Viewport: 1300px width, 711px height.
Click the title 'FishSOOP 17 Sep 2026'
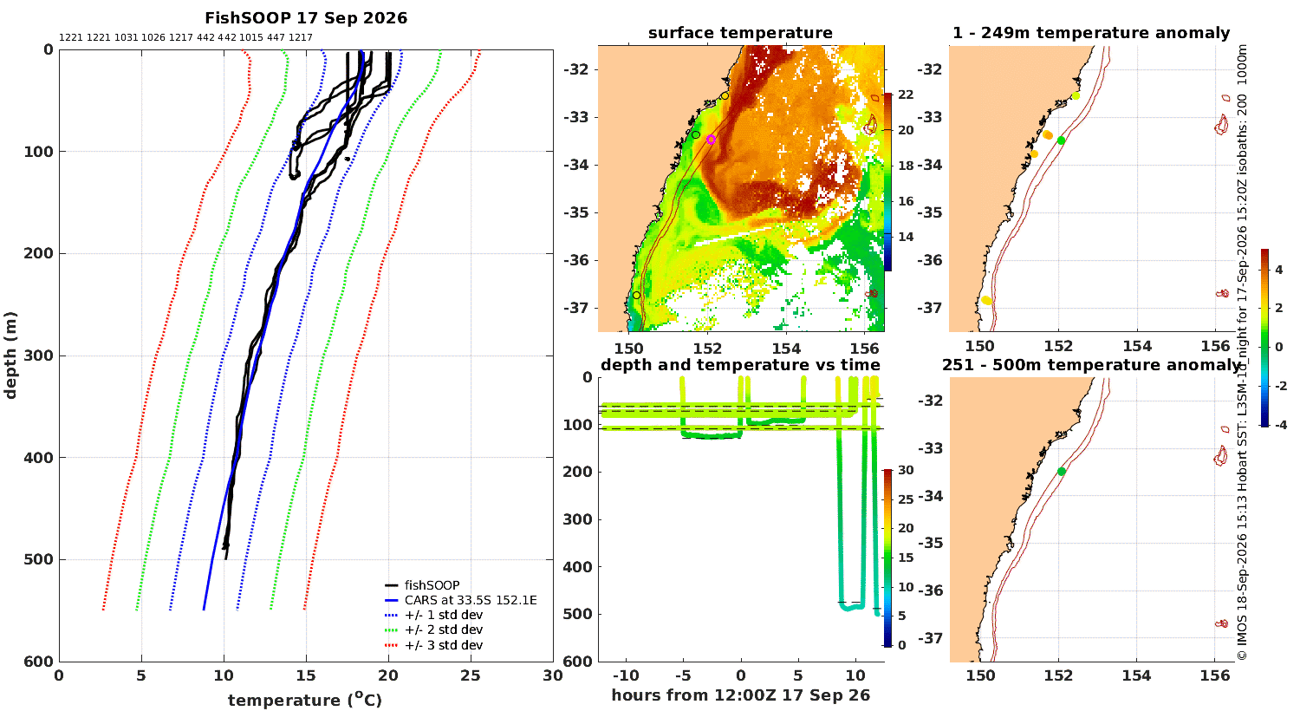click(x=306, y=18)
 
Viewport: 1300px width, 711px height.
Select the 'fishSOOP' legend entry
click(x=422, y=585)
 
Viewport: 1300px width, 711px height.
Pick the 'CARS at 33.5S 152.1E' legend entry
click(x=461, y=600)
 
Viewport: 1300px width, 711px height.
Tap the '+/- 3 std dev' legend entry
click(x=433, y=645)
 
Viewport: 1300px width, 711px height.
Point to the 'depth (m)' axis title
click(x=10, y=355)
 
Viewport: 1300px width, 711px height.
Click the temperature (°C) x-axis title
click(x=305, y=700)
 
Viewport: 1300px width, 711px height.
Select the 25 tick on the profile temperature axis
click(x=471, y=675)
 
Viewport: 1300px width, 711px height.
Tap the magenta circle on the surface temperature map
click(x=711, y=140)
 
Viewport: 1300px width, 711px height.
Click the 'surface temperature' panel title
click(x=740, y=33)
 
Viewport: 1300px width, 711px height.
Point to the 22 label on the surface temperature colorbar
click(x=906, y=95)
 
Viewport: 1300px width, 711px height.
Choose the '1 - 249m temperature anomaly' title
click(x=1091, y=33)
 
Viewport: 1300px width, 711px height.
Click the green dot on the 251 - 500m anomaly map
click(x=1062, y=472)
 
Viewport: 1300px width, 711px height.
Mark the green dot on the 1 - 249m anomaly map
click(x=1061, y=140)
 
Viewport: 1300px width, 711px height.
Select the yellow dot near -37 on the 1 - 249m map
click(x=986, y=301)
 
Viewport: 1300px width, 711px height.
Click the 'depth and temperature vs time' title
click(x=740, y=364)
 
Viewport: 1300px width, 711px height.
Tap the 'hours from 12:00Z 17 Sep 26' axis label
click(x=740, y=695)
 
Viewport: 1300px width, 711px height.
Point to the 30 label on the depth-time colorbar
click(x=906, y=470)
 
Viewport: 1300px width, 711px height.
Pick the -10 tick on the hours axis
click(x=627, y=675)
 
